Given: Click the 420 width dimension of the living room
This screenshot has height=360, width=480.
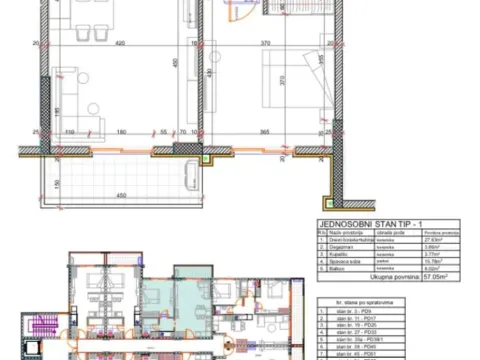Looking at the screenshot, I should (118, 44).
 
